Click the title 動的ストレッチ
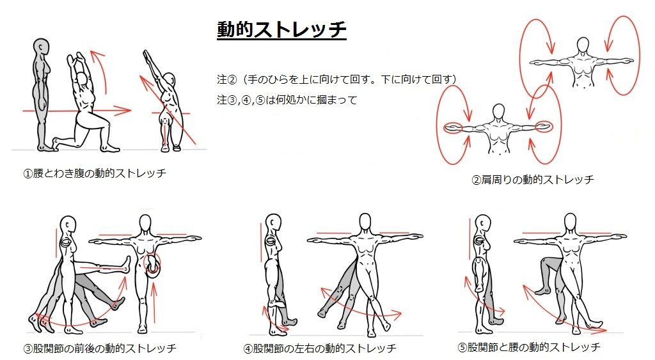point(281,29)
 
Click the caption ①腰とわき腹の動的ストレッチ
point(95,173)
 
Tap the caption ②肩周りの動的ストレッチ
point(533,180)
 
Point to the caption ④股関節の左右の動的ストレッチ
point(320,348)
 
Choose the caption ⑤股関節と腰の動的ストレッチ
point(529,347)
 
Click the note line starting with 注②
point(336,79)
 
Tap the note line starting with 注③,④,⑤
point(287,100)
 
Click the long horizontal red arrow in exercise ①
point(77,111)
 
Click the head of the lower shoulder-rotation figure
point(498,112)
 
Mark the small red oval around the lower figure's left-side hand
point(454,129)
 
